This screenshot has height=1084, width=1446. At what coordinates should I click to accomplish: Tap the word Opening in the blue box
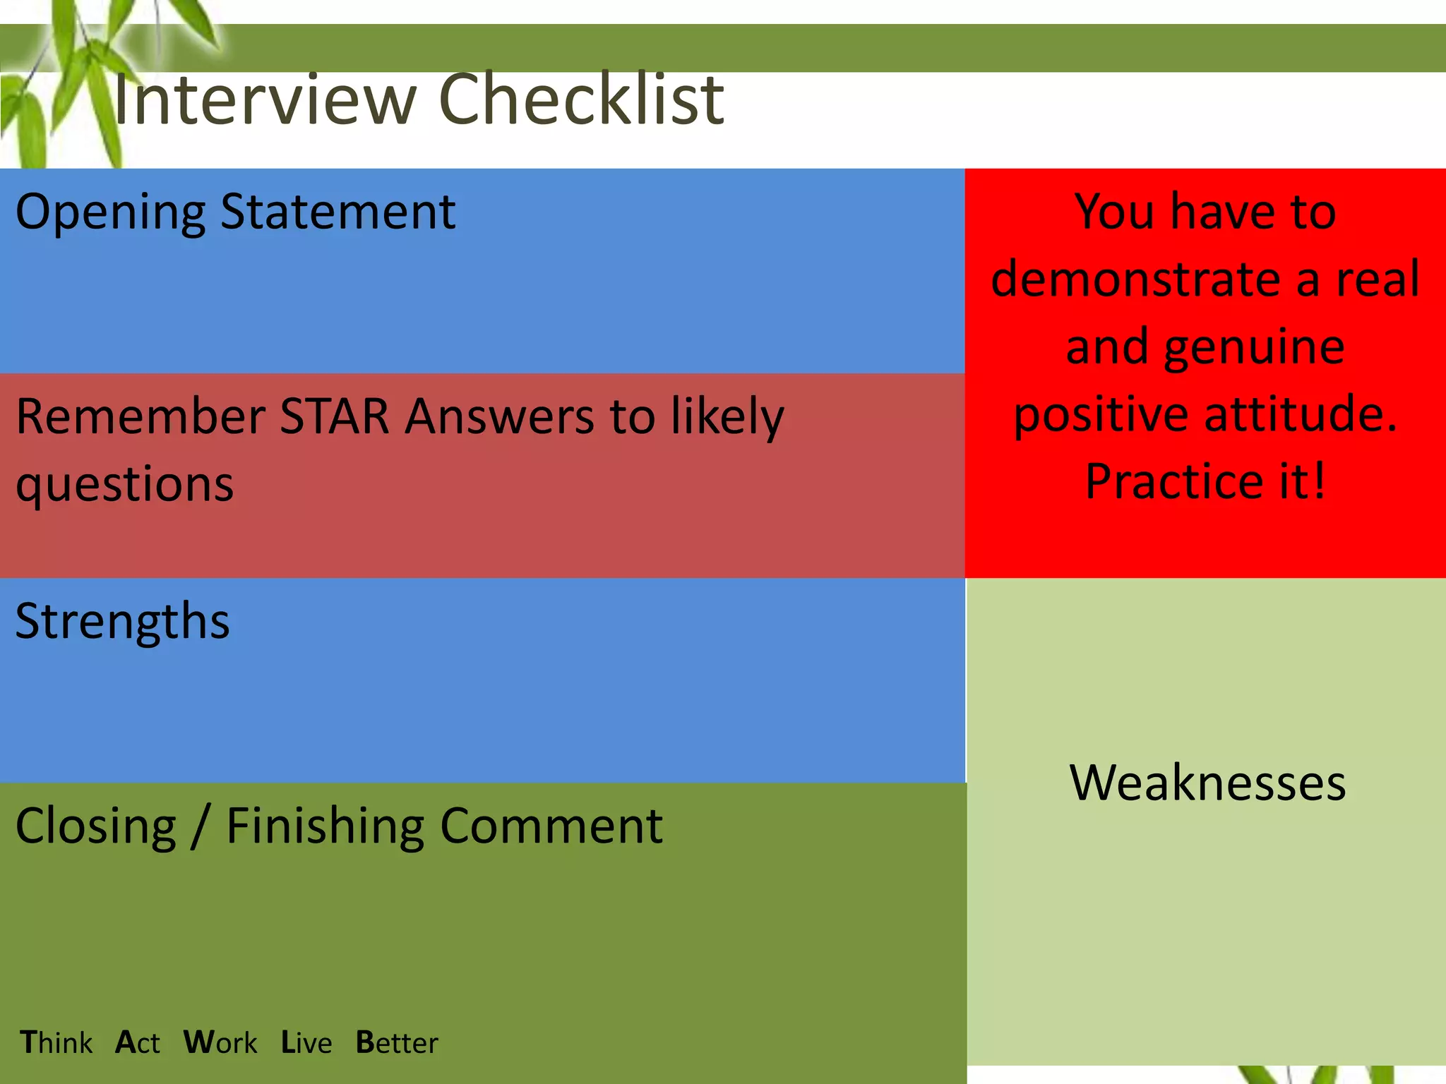[110, 212]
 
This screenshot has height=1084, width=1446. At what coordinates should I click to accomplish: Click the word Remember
[141, 416]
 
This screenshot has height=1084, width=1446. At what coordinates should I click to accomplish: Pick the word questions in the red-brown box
[125, 486]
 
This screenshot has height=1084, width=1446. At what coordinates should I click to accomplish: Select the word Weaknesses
[1207, 783]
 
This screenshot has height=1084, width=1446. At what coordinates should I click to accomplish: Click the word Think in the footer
[56, 1043]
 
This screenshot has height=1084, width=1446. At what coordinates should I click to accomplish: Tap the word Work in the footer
[220, 1043]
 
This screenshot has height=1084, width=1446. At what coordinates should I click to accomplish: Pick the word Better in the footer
[397, 1043]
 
